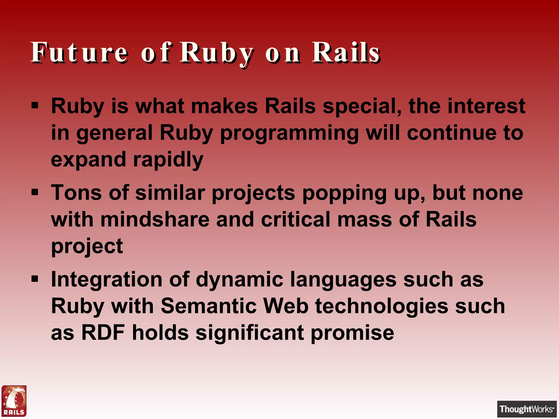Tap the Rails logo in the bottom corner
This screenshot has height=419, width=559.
pyautogui.click(x=14, y=401)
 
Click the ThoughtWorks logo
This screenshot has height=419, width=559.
pyautogui.click(x=527, y=409)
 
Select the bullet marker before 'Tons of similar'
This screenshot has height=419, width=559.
pyautogui.click(x=35, y=192)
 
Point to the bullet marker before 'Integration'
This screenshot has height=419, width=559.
pyautogui.click(x=35, y=279)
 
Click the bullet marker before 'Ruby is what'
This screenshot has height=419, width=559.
pyautogui.click(x=35, y=105)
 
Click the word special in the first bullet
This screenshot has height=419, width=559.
pyautogui.click(x=362, y=106)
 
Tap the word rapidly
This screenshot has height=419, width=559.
pyautogui.click(x=168, y=160)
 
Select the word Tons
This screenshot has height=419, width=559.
pyautogui.click(x=76, y=193)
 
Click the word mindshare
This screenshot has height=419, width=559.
pyautogui.click(x=155, y=220)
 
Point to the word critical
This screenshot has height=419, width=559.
pyautogui.click(x=296, y=220)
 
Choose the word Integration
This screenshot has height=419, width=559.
pyautogui.click(x=107, y=280)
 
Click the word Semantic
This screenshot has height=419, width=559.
pyautogui.click(x=209, y=306)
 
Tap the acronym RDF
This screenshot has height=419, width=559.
pyautogui.click(x=103, y=333)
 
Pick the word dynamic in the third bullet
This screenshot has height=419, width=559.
pyautogui.click(x=239, y=280)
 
